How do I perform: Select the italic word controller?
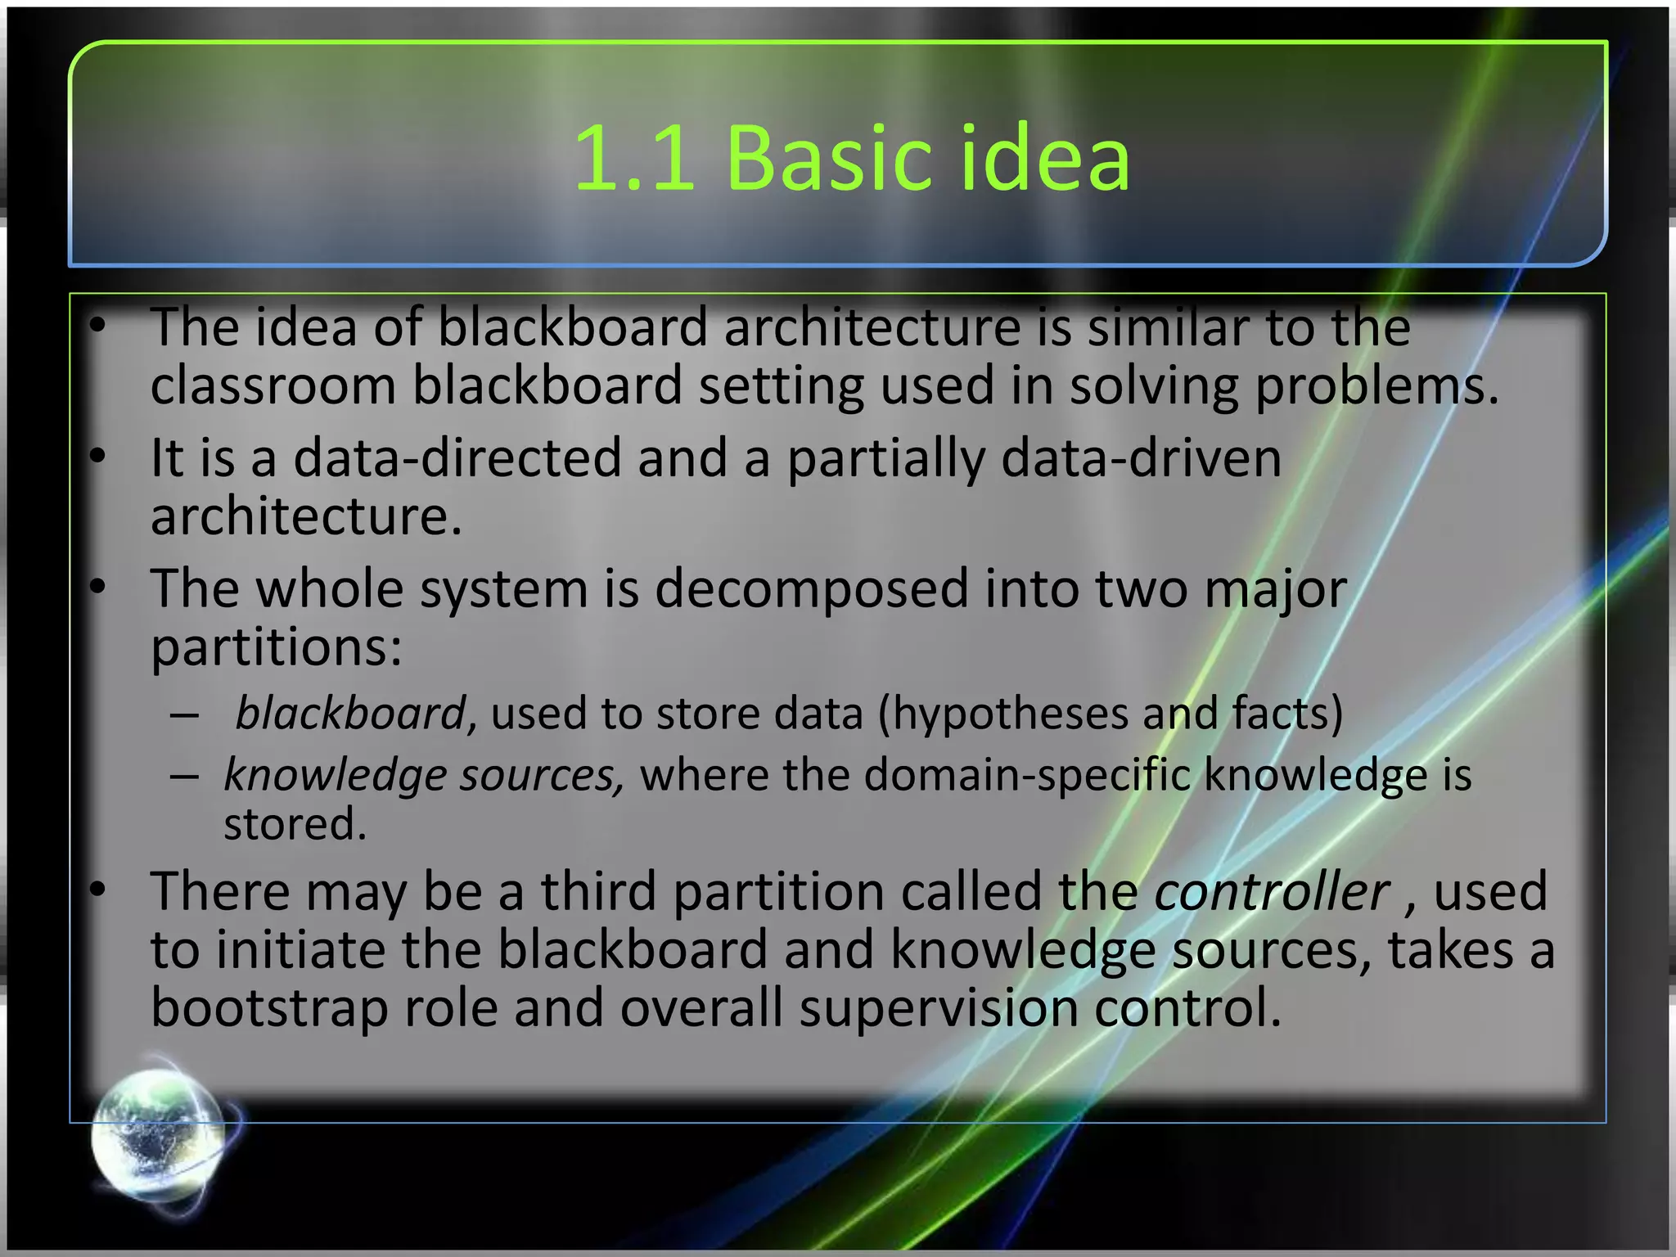tap(1271, 891)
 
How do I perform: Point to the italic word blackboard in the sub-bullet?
tap(350, 713)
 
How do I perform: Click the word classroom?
tap(273, 385)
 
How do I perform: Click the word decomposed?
tap(811, 588)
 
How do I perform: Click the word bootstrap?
tap(269, 1007)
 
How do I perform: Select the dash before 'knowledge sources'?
tap(185, 776)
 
